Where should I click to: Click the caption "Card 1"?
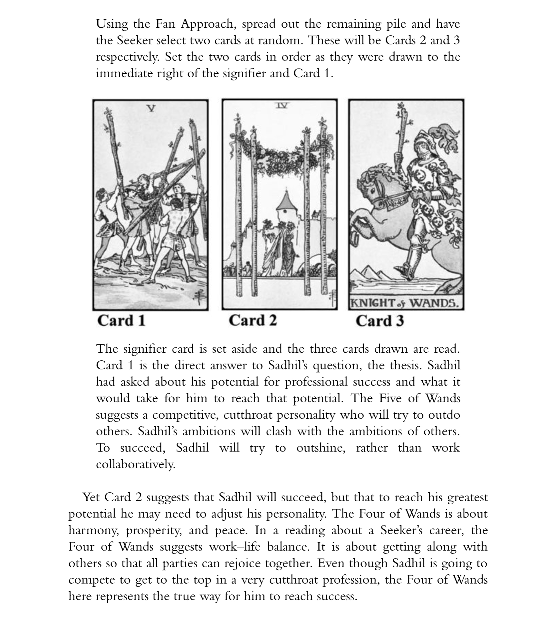point(121,320)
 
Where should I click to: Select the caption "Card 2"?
point(253,320)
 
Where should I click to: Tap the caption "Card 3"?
point(379,321)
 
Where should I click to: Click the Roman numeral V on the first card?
point(150,108)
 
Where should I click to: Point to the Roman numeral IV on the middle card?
point(282,105)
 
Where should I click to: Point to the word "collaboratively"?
point(136,464)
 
